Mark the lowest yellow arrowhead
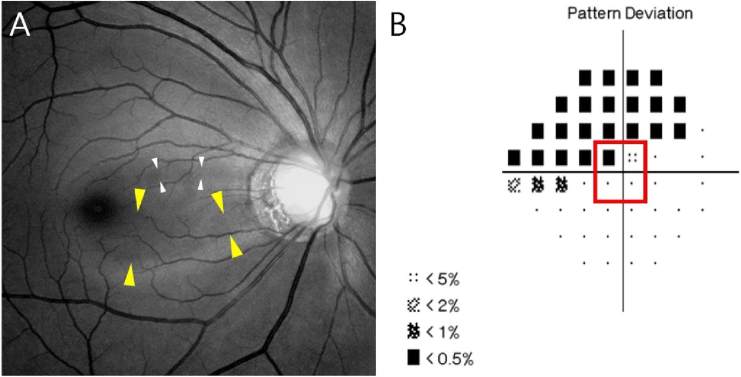coord(128,275)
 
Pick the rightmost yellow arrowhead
coord(235,246)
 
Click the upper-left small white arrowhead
coord(156,163)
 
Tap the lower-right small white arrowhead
coord(201,184)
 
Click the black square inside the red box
coord(608,157)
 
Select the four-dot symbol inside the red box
coord(632,157)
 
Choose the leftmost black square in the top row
coord(585,78)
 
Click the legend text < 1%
coord(442,332)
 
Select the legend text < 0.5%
coord(449,358)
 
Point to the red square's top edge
coord(620,142)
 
